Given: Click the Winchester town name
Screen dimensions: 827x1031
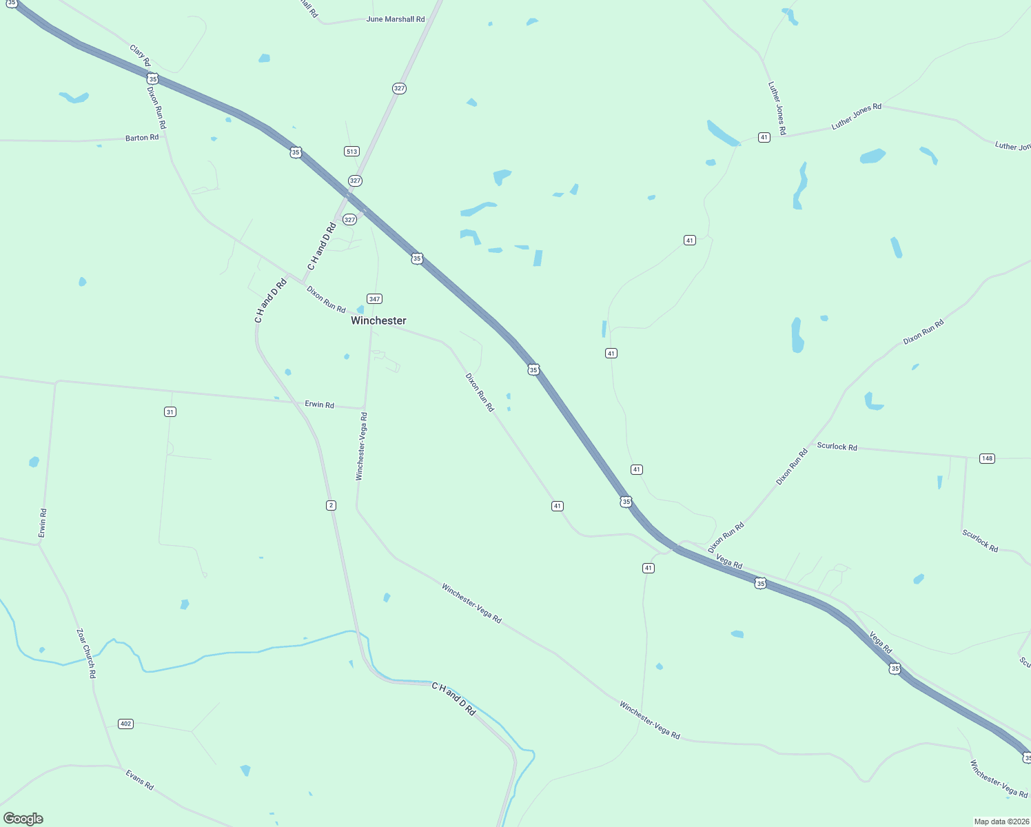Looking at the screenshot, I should (x=378, y=320).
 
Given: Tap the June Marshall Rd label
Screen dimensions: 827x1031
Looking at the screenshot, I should (x=396, y=19).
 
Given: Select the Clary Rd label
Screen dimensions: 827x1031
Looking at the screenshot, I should (x=140, y=56).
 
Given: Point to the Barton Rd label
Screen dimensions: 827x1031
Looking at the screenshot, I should (x=142, y=138).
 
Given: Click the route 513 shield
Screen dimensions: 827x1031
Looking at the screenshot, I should (x=351, y=151).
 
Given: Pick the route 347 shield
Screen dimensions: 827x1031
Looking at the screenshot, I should (x=374, y=298).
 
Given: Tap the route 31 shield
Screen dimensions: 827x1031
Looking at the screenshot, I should (x=170, y=411).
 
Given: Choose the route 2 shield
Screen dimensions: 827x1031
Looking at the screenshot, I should (x=331, y=505).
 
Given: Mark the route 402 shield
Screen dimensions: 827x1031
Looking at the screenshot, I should (x=125, y=724).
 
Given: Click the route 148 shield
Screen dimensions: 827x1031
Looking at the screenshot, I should (x=987, y=458).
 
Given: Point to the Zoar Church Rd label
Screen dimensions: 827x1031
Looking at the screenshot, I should (x=86, y=653).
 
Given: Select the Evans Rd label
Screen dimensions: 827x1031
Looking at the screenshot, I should (x=139, y=780).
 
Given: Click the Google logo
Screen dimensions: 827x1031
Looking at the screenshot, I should (x=23, y=819).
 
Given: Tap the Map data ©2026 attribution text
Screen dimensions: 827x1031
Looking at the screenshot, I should (x=1001, y=821).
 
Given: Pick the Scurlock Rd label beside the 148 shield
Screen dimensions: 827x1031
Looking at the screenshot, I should (x=837, y=447).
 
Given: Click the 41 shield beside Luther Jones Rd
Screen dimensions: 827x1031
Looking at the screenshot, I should (x=764, y=137).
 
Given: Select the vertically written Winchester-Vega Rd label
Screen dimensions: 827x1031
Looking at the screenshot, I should (x=361, y=447).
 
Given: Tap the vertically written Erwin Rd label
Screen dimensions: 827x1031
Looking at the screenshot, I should (x=43, y=523).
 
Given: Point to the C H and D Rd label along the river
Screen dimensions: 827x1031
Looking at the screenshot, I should (x=453, y=699).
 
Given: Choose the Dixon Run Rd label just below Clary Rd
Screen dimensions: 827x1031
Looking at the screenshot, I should (x=156, y=108).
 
